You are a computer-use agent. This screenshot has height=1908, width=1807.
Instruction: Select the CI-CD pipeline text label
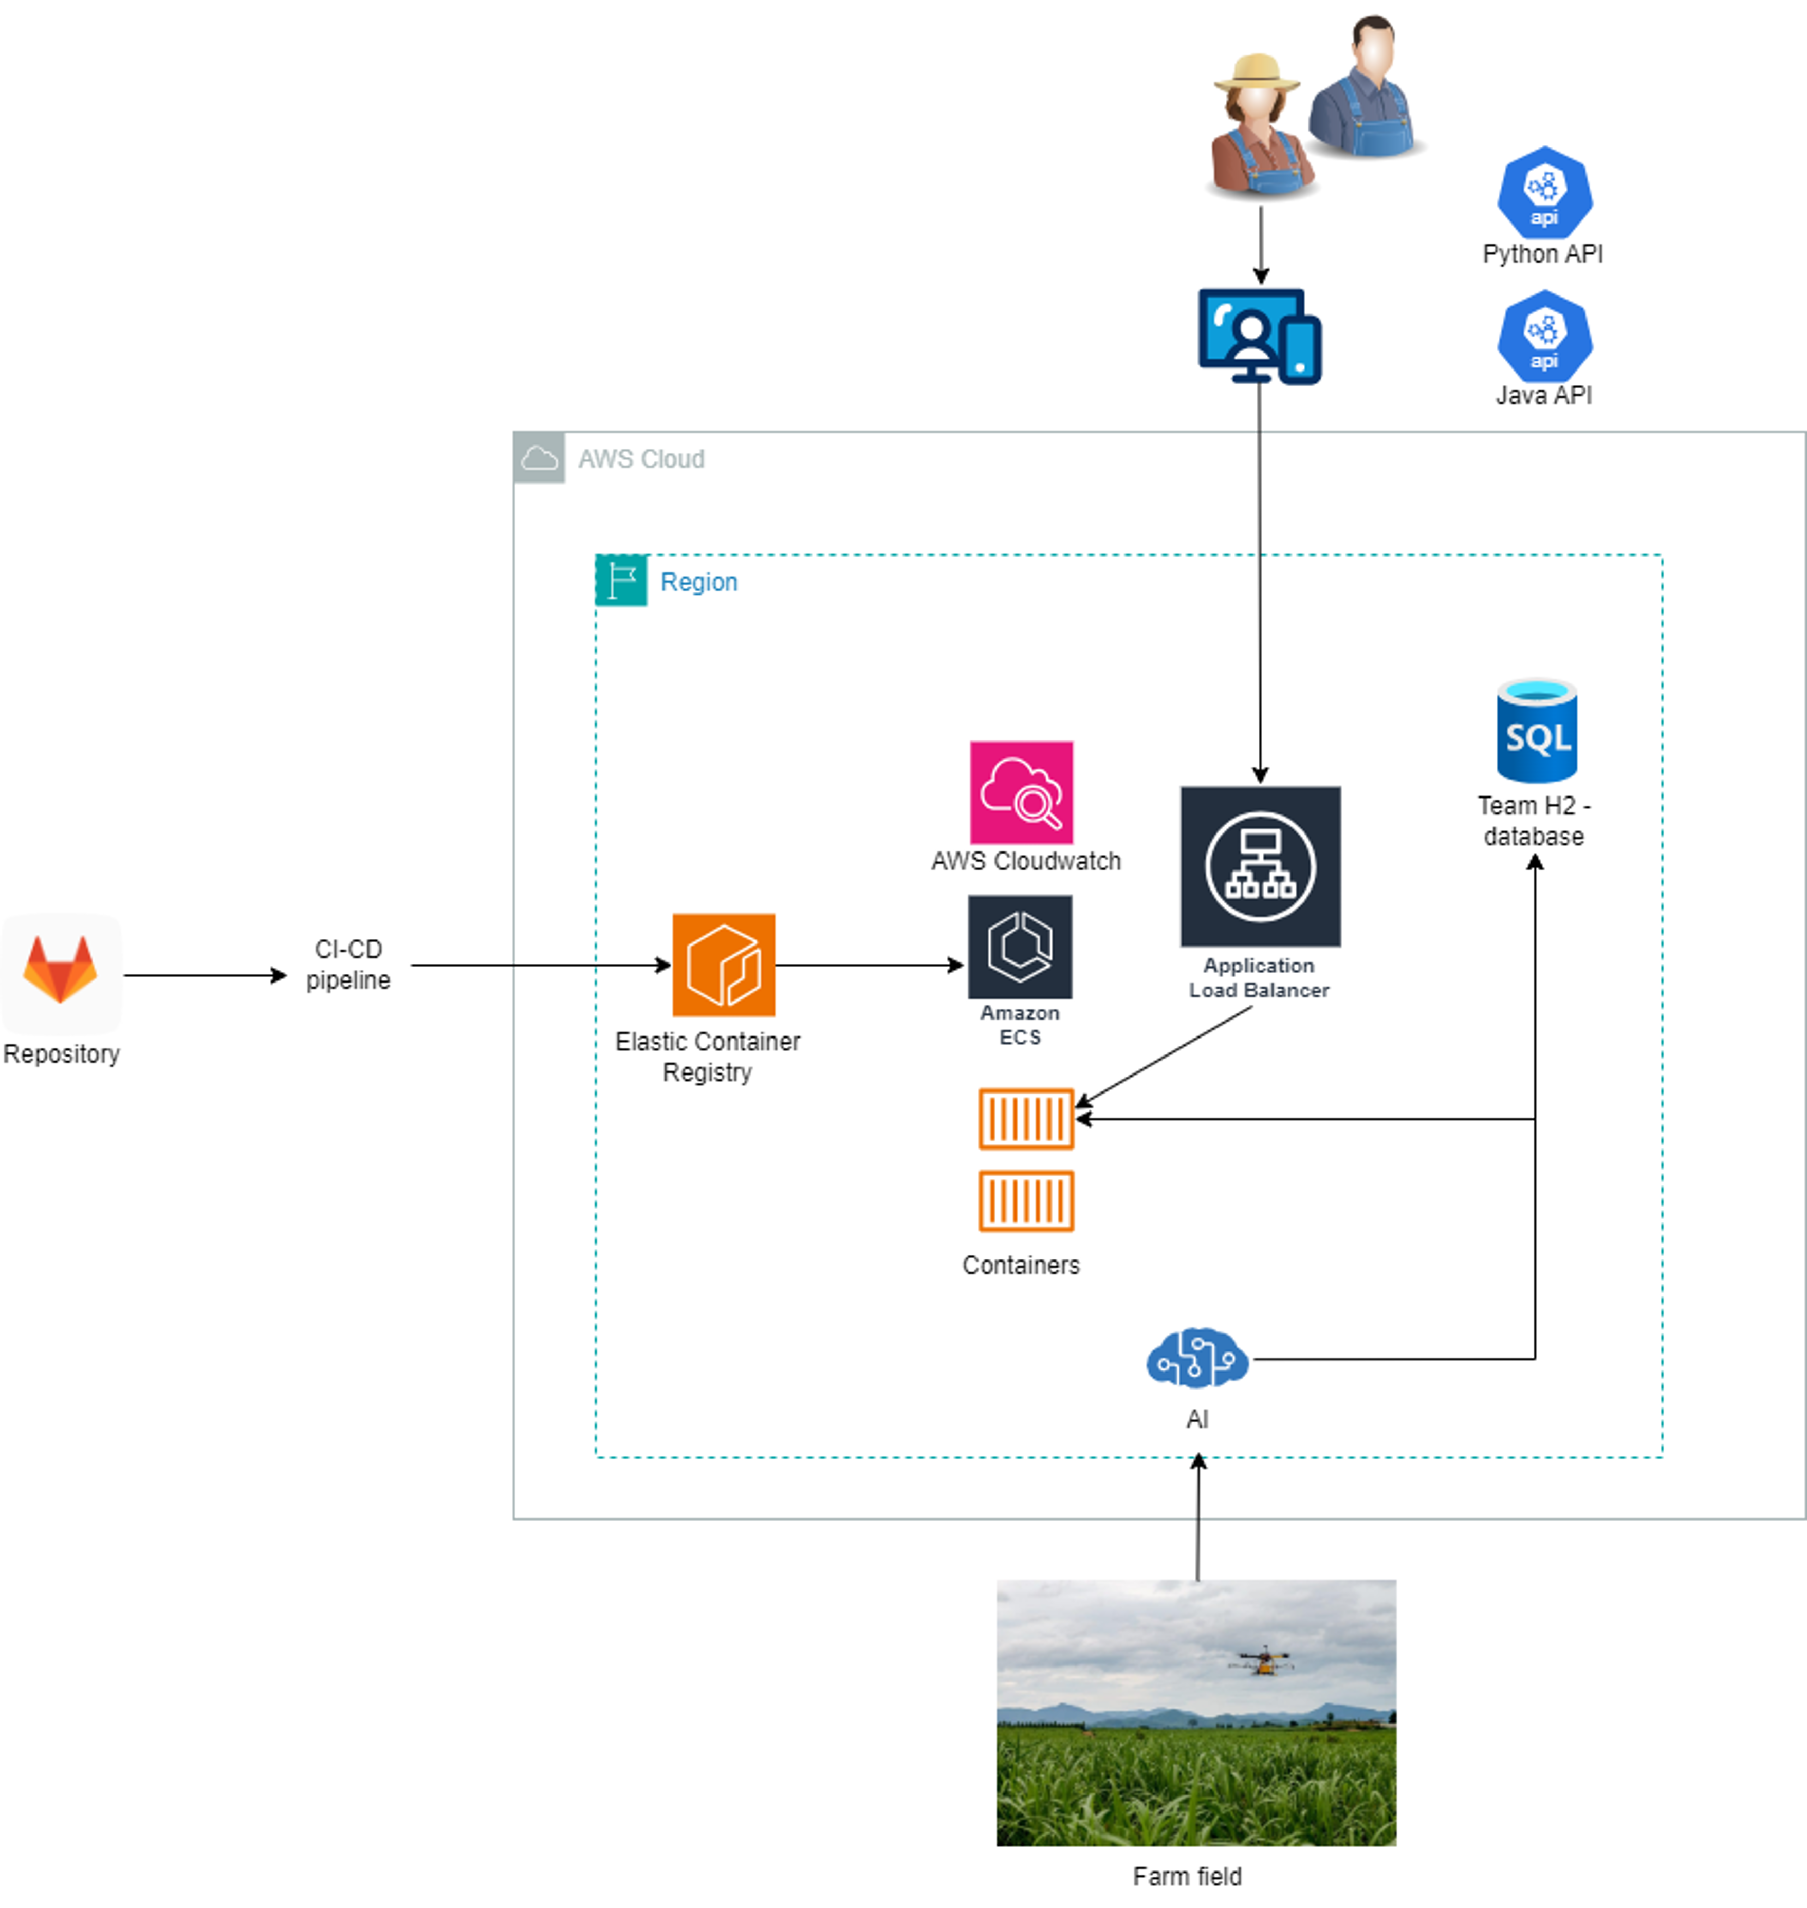coord(348,964)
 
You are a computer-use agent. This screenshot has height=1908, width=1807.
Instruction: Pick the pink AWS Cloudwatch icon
coord(1021,792)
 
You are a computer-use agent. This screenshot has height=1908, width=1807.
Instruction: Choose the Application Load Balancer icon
coord(1260,866)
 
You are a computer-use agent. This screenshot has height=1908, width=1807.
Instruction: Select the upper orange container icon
coord(1026,1118)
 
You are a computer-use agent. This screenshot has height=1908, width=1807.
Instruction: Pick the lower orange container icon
coord(1026,1200)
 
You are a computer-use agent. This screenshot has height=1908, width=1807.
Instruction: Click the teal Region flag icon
coord(620,581)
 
